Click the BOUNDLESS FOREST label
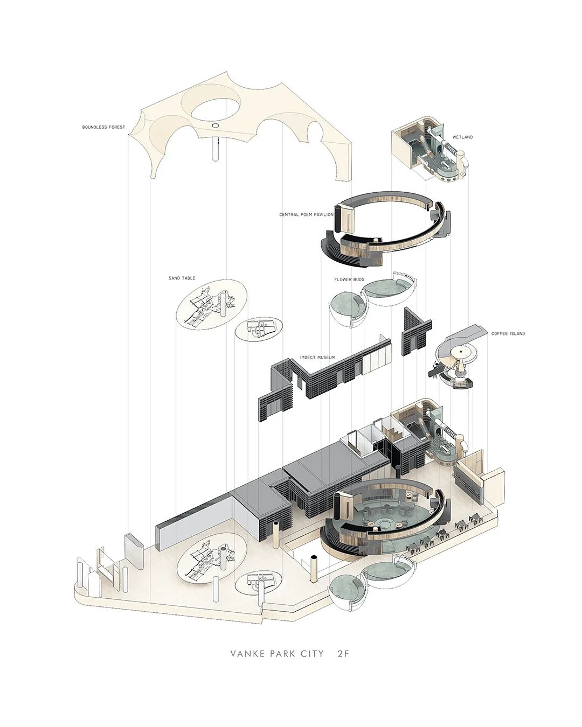[x=103, y=128]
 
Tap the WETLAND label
[x=462, y=137]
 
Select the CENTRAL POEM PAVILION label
[x=306, y=215]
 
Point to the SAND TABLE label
[x=182, y=278]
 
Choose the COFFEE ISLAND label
[x=508, y=334]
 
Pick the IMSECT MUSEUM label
[x=317, y=358]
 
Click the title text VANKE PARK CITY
[x=277, y=654]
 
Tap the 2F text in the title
[x=343, y=654]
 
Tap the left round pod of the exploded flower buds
[x=348, y=307]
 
